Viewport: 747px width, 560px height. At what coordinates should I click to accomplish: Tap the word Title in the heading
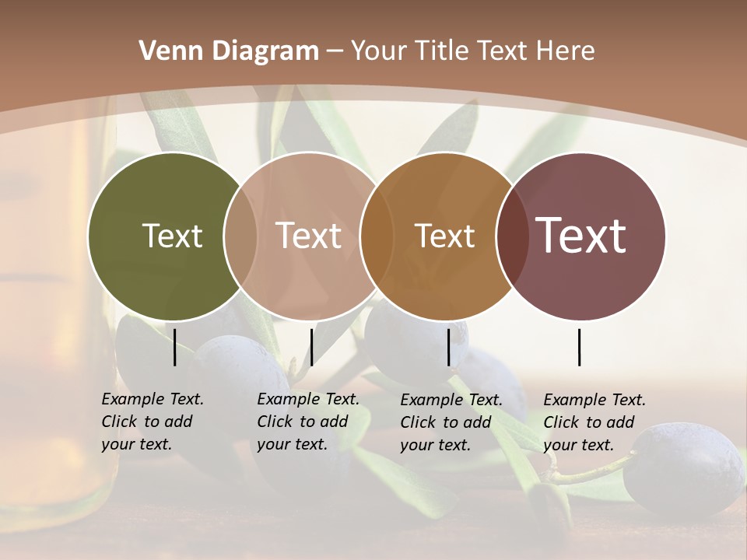click(x=441, y=51)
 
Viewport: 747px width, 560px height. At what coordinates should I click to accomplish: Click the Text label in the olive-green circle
click(x=172, y=236)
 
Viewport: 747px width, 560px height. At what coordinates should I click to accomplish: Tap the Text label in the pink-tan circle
click(x=308, y=236)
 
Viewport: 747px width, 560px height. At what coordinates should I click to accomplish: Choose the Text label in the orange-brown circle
click(x=444, y=236)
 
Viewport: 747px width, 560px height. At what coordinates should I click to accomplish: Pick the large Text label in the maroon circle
click(x=580, y=236)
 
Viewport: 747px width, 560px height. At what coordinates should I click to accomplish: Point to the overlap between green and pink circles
click(x=240, y=236)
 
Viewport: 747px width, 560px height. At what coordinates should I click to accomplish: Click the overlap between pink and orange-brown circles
click(x=377, y=236)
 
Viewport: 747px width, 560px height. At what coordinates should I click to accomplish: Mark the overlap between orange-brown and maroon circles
click(x=512, y=236)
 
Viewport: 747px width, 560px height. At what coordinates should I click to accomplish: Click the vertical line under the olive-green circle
click(x=175, y=347)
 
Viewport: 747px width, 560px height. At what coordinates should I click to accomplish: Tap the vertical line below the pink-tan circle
click(x=311, y=347)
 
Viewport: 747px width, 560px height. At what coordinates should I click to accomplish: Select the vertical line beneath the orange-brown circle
click(x=448, y=347)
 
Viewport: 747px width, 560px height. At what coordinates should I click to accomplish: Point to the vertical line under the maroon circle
click(x=580, y=347)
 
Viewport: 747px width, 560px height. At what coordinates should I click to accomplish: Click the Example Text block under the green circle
click(x=152, y=422)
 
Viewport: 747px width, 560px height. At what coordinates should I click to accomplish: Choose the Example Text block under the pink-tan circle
click(x=307, y=422)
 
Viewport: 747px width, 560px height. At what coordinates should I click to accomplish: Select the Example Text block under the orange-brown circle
click(x=451, y=422)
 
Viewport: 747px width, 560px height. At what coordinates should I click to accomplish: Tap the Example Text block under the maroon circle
click(x=594, y=422)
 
